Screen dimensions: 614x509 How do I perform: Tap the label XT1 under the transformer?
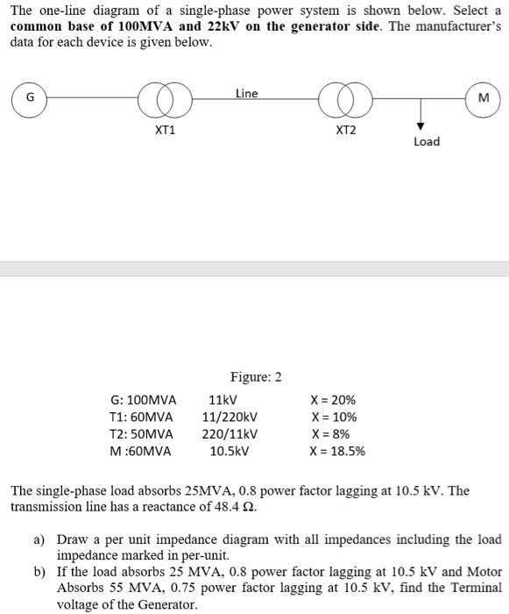point(165,131)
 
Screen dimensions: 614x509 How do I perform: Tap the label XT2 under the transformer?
point(346,131)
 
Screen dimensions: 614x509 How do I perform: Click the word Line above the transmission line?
point(247,93)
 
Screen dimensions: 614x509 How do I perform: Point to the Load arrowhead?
point(421,125)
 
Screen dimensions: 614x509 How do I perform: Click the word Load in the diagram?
point(426,141)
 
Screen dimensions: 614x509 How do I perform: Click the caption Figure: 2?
point(256,377)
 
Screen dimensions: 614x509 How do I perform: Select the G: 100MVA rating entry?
point(143,400)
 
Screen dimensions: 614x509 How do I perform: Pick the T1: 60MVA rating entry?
point(142,418)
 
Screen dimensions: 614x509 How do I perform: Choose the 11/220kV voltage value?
point(230,418)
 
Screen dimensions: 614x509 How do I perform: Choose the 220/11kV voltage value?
point(230,434)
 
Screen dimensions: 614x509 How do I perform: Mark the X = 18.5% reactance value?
point(337,452)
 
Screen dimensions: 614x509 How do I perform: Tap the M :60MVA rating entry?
point(141,452)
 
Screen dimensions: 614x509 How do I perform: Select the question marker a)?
point(39,539)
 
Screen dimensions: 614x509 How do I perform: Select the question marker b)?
point(39,571)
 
